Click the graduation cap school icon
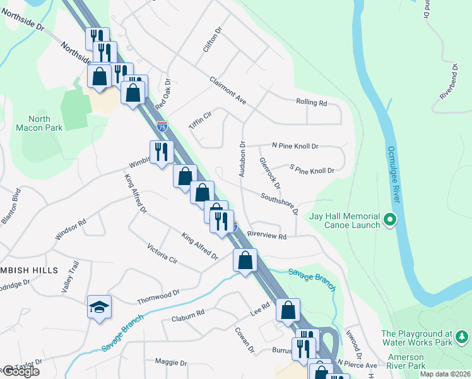pos(99,307)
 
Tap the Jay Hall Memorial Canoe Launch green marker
pos(390,220)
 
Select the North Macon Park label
pos(49,123)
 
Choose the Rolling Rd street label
pos(311,102)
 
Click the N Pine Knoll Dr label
pos(295,146)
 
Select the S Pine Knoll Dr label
pos(311,170)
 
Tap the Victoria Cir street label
pos(162,253)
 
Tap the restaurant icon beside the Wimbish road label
pos(162,152)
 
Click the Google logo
pos(21,371)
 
